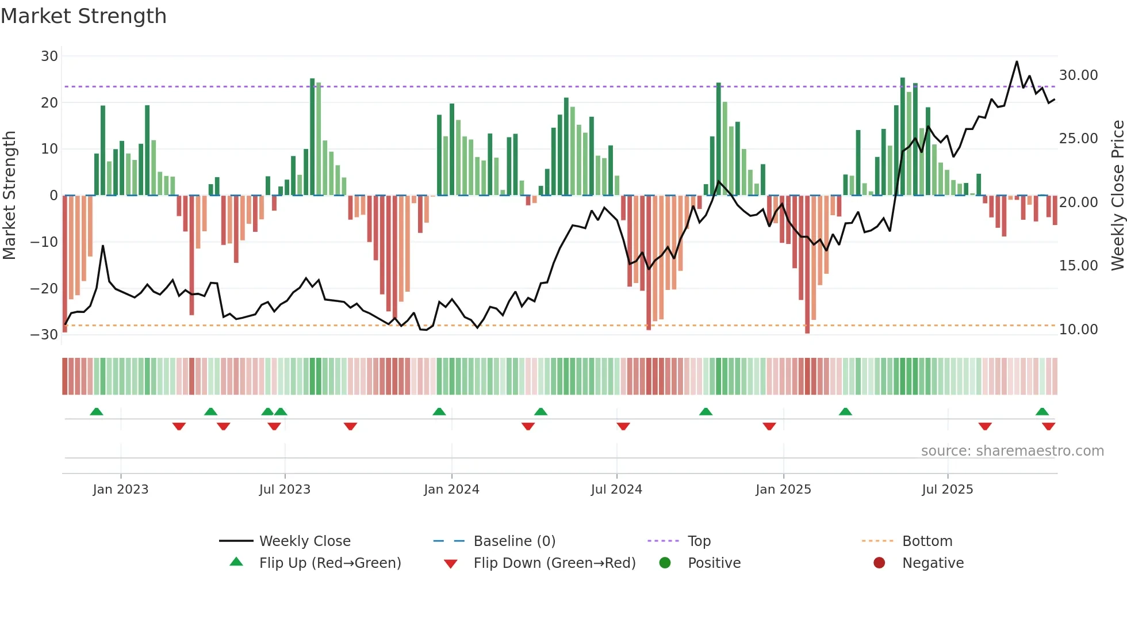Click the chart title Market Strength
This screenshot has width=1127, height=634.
tap(83, 16)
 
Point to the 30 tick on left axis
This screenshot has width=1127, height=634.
tap(49, 56)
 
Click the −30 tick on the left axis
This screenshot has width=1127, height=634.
tap(44, 335)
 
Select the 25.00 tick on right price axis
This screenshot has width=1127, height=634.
tap(1078, 139)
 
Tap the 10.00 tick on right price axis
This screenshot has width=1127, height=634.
tap(1078, 330)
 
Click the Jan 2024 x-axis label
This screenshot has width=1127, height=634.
tap(451, 490)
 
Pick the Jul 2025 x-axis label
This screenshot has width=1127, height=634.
tap(947, 490)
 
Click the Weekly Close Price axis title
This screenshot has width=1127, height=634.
tap(1117, 196)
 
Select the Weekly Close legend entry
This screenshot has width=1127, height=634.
tap(304, 541)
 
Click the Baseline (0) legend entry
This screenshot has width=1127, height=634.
tap(514, 541)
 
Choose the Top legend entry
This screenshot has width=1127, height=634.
tap(699, 541)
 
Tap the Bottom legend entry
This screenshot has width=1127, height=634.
tap(927, 541)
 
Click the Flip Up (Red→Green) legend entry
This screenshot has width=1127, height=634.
tap(329, 563)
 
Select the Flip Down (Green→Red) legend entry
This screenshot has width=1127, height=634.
tap(554, 563)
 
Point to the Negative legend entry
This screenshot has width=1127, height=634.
tap(933, 563)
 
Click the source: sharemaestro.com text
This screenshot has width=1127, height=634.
tap(1012, 451)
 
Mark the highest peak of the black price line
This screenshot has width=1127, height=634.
tap(1017, 62)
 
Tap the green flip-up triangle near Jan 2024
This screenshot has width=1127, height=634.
tap(439, 411)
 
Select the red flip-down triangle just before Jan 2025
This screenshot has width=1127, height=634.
tap(769, 426)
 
